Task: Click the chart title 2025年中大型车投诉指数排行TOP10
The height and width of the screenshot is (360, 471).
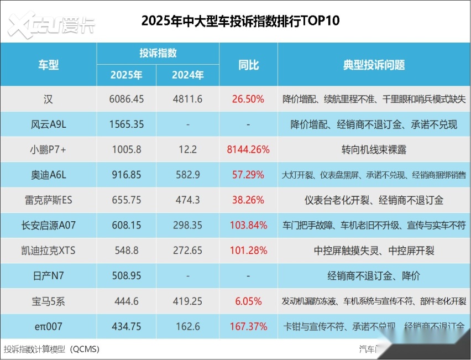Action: click(x=240, y=21)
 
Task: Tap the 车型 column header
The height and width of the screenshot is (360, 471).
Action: click(x=48, y=65)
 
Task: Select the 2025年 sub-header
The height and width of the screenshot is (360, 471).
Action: click(x=126, y=75)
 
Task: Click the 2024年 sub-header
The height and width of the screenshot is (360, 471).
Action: click(x=187, y=75)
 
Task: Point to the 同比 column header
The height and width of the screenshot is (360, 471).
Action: click(x=248, y=65)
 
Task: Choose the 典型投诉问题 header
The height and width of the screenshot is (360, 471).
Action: click(x=374, y=65)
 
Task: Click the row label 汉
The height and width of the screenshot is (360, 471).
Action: click(x=48, y=100)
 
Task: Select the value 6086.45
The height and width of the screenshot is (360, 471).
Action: click(x=126, y=100)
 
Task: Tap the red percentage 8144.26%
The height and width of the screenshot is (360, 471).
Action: click(x=248, y=150)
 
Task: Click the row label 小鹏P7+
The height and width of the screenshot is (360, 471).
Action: click(x=48, y=150)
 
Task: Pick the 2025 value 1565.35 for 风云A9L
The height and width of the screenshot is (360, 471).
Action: click(x=126, y=125)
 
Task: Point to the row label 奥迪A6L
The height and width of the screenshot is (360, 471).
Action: click(x=48, y=175)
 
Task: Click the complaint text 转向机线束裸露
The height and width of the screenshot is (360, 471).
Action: click(x=374, y=150)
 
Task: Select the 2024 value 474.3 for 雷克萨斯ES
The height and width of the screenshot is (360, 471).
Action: click(x=187, y=200)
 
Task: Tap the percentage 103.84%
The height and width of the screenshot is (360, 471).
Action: click(x=248, y=226)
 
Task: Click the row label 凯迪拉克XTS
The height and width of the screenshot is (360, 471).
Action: click(x=48, y=251)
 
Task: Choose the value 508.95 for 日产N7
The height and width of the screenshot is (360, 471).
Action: click(x=126, y=276)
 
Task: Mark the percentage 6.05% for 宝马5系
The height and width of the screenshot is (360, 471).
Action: click(x=248, y=301)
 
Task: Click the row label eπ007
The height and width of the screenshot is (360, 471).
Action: click(x=48, y=326)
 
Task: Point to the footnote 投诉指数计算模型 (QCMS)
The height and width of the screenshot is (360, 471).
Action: click(x=52, y=349)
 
